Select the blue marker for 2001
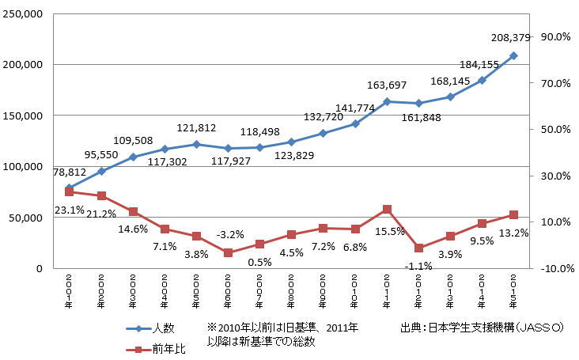point(70,188)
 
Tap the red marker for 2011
point(387,209)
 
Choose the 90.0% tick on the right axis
point(554,36)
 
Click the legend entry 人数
point(162,327)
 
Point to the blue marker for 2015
point(513,55)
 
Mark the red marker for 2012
point(418,248)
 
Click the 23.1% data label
point(69,210)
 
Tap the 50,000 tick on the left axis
point(30,218)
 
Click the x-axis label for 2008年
point(291,289)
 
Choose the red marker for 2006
point(228,252)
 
